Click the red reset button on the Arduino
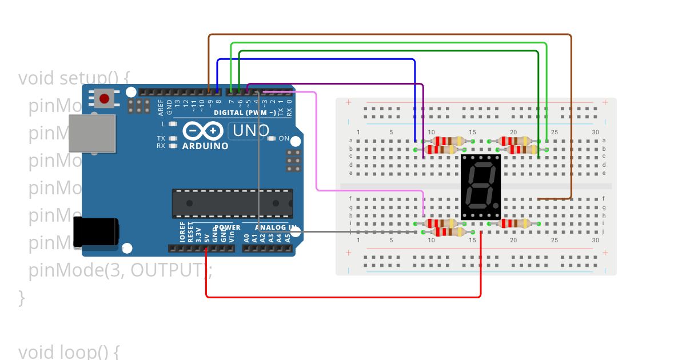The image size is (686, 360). point(104,99)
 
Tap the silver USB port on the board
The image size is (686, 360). point(92,133)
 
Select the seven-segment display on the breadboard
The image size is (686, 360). point(481,187)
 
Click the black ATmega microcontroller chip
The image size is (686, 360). point(232,203)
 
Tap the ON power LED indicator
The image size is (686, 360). point(273,138)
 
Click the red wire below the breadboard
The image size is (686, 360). point(343,297)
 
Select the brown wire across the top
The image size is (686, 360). point(389,35)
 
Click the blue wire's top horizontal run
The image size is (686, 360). point(314,59)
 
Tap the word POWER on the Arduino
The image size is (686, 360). point(228,227)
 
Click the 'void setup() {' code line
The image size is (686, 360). point(75,78)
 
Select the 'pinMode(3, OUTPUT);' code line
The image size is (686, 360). point(120,270)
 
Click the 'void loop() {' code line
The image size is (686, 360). point(69,351)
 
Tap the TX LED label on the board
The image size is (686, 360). point(161,138)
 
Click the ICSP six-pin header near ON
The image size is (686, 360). point(293,161)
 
